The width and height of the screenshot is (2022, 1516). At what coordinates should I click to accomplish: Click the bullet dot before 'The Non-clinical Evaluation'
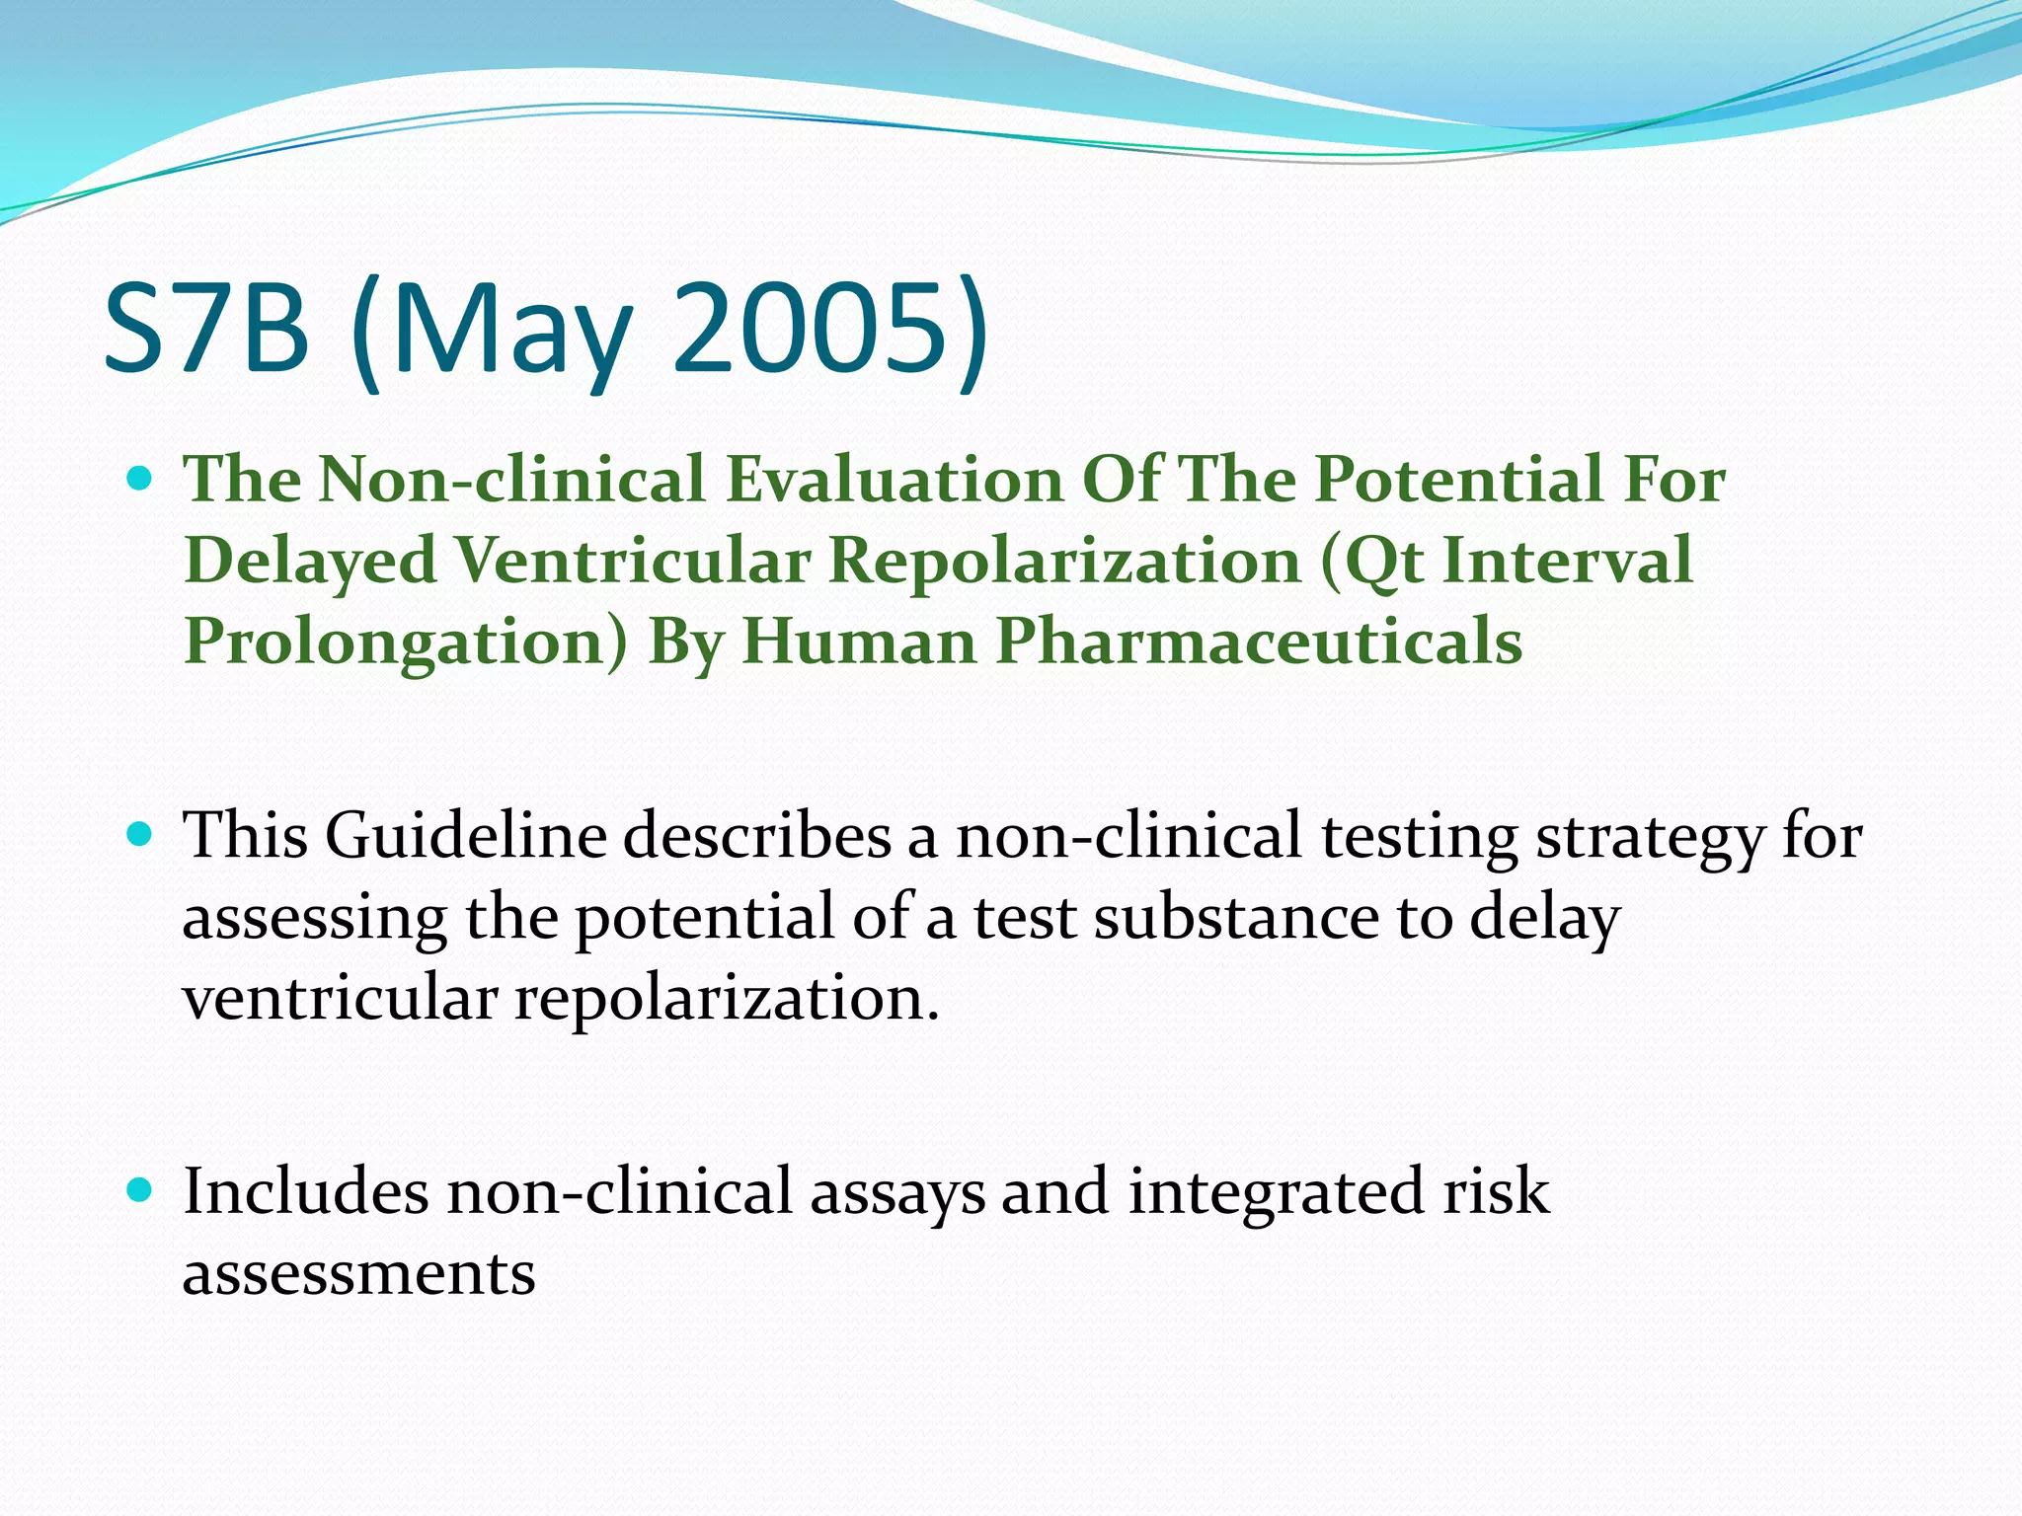pyautogui.click(x=141, y=481)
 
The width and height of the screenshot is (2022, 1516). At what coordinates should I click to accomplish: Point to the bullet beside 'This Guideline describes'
pyautogui.click(x=141, y=836)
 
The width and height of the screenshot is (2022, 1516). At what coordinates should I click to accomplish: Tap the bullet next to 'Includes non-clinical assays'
pyautogui.click(x=141, y=1190)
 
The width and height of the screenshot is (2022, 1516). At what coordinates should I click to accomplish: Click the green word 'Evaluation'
pyautogui.click(x=894, y=480)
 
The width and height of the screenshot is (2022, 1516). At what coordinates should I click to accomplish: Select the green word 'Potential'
pyautogui.click(x=1458, y=480)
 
